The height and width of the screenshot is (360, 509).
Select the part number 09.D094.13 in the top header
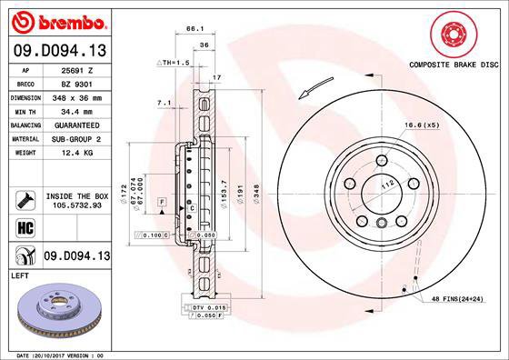click(57, 51)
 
